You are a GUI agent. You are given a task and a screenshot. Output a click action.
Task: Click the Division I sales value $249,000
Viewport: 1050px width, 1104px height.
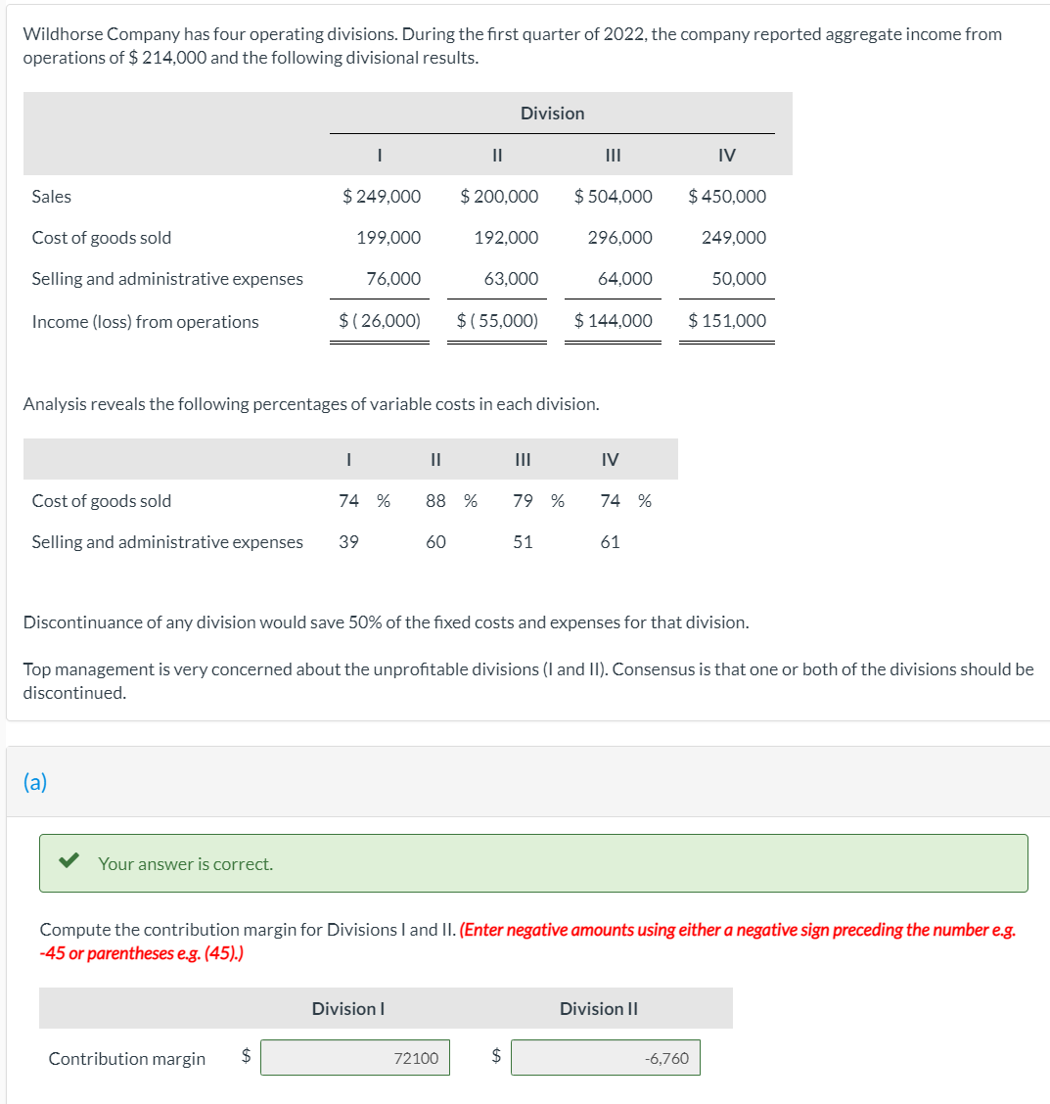(x=382, y=196)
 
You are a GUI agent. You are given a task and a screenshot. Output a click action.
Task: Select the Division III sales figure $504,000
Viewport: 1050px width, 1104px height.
(x=614, y=196)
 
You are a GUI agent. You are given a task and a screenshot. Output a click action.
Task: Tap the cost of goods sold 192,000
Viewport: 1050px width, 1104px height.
(x=506, y=238)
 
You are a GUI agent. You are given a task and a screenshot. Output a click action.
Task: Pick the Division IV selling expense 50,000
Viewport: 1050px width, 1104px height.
(x=739, y=279)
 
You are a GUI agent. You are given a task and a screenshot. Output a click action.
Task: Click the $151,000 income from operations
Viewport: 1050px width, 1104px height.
(x=727, y=321)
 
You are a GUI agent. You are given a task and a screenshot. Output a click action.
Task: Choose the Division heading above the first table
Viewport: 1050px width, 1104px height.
(x=552, y=114)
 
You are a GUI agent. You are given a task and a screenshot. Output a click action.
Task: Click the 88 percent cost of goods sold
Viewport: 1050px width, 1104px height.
(x=436, y=501)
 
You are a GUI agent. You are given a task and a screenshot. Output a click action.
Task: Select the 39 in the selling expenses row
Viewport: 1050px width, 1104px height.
(x=348, y=542)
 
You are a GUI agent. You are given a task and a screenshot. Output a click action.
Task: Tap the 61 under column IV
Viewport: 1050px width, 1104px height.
(x=610, y=542)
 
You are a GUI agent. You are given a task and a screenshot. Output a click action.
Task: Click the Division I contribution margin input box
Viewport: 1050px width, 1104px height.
(x=355, y=1058)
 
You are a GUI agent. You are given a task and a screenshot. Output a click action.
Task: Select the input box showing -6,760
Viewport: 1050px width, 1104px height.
(x=606, y=1058)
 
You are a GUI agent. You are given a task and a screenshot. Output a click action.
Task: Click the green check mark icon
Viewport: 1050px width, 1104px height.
(x=69, y=862)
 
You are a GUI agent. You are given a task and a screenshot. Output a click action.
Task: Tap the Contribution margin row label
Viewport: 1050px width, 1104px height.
(x=127, y=1059)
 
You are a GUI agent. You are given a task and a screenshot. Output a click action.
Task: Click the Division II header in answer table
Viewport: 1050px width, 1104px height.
(x=599, y=1009)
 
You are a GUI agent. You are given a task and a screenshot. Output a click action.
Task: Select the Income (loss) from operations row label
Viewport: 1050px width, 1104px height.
(x=145, y=322)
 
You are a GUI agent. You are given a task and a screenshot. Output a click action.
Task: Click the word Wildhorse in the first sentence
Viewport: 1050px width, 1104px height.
(x=65, y=35)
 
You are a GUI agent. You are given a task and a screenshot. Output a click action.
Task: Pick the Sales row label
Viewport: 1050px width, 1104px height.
(x=52, y=197)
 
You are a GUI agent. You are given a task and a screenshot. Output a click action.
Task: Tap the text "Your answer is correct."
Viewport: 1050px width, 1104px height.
(x=186, y=864)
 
